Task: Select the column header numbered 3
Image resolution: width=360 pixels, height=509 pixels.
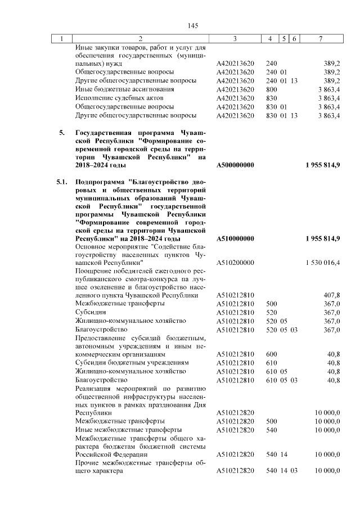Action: [x=235, y=38]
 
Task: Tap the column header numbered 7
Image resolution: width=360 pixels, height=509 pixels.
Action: [x=320, y=38]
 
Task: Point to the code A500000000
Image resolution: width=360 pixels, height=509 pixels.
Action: [x=235, y=165]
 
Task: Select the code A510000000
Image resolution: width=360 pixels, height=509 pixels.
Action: [x=235, y=238]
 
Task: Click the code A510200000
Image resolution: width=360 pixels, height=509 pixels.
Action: [x=235, y=263]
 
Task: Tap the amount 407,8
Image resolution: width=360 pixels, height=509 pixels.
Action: [x=331, y=295]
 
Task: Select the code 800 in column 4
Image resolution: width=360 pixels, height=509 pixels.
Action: [x=271, y=89]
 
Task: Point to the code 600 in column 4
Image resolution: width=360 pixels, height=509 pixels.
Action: [x=271, y=355]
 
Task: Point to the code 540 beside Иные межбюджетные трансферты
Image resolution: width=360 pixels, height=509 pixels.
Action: [x=271, y=429]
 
